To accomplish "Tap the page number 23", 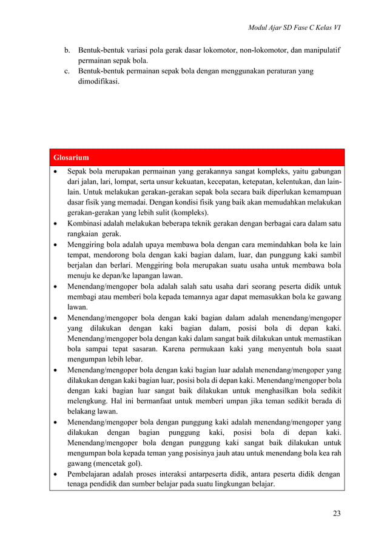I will (x=337, y=514).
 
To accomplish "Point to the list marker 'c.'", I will (x=67, y=72).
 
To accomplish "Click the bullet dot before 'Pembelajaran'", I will (x=56, y=474).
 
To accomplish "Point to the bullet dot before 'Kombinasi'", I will (x=56, y=224).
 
